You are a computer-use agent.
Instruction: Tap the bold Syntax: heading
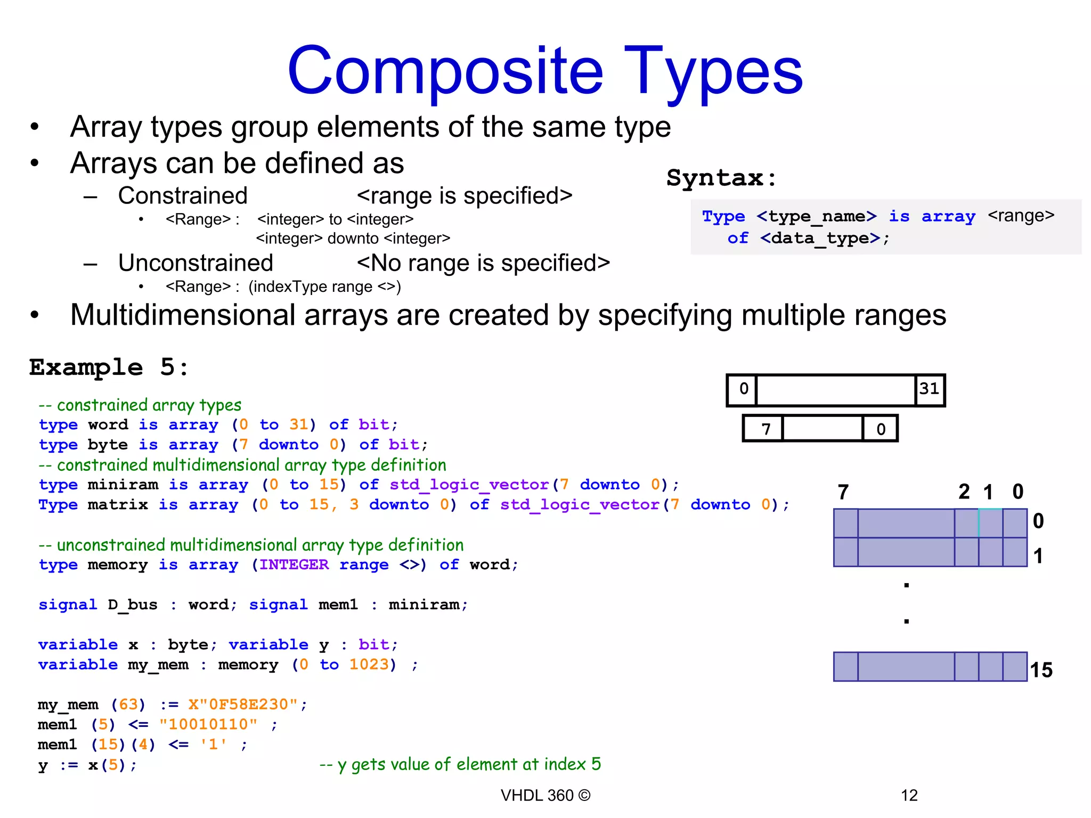[x=722, y=177]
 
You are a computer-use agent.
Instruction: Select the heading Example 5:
[x=109, y=367]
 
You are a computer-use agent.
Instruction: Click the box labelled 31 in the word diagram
[x=930, y=389]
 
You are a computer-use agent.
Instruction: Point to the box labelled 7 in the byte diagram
[x=766, y=429]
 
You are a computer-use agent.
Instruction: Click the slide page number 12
[x=909, y=795]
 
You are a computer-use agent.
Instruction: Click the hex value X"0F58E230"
[x=243, y=705]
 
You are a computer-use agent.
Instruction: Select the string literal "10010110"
[x=208, y=724]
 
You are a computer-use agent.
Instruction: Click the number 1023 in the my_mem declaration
[x=370, y=665]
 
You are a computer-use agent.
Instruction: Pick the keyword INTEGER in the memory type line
[x=294, y=565]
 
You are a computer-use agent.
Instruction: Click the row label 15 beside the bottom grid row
[x=1041, y=669]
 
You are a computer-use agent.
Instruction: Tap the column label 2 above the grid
[x=964, y=492]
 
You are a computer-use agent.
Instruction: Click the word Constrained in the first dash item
[x=183, y=195]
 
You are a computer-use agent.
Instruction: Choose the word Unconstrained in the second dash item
[x=196, y=263]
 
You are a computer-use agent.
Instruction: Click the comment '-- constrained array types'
[x=140, y=405]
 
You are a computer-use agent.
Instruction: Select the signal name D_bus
[x=133, y=605]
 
